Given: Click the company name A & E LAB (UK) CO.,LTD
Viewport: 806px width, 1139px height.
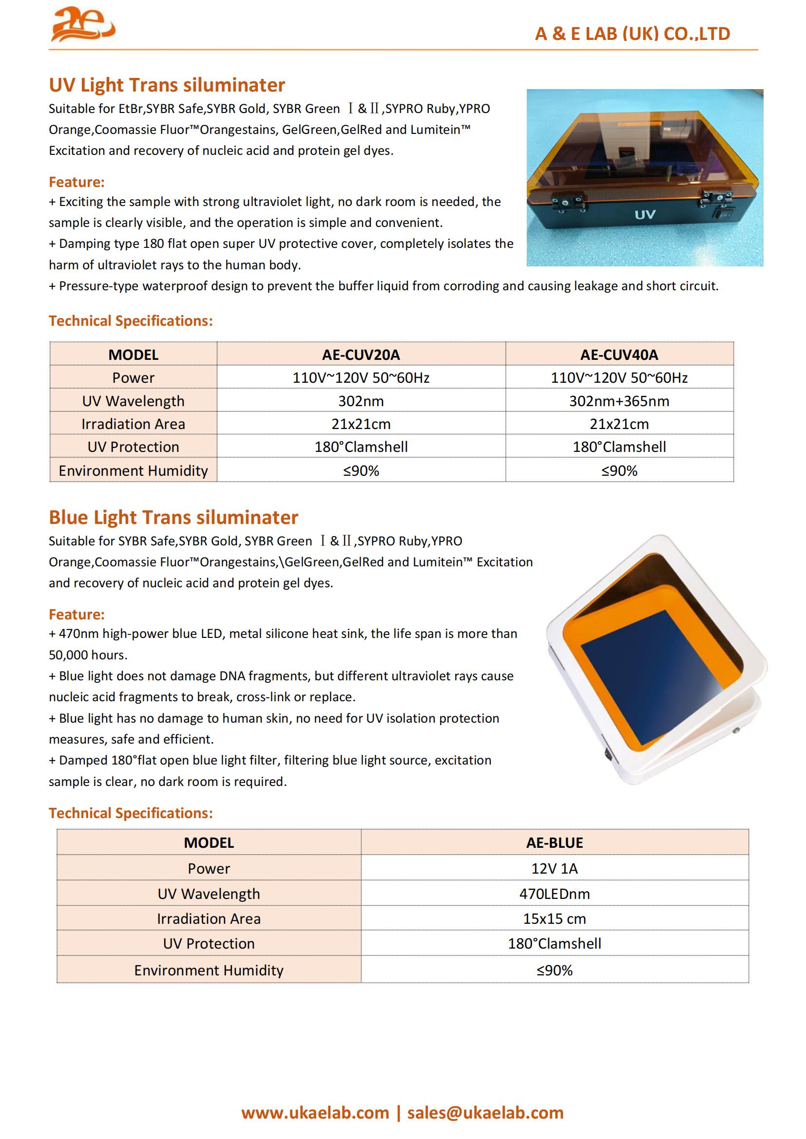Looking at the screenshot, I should pyautogui.click(x=633, y=34).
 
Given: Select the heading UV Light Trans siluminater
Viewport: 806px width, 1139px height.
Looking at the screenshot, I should pyautogui.click(x=167, y=85).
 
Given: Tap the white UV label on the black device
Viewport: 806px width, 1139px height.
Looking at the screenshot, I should pyautogui.click(x=645, y=215).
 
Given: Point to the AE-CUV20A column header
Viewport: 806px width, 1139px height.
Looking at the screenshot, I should pyautogui.click(x=361, y=355).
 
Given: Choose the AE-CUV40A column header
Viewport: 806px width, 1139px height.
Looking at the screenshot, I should pyautogui.click(x=619, y=355).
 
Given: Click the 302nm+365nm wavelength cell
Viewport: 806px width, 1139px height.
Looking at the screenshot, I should pyautogui.click(x=619, y=401).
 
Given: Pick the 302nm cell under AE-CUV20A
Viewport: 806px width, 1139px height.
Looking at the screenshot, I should pyautogui.click(x=361, y=401).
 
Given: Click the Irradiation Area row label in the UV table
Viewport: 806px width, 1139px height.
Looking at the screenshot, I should pyautogui.click(x=133, y=424).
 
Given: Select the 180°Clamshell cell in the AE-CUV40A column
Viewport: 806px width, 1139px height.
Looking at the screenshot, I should pyautogui.click(x=619, y=447).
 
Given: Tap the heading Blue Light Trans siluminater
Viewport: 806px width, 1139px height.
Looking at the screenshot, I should pyautogui.click(x=173, y=518).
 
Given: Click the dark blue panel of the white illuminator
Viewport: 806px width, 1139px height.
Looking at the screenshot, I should pyautogui.click(x=640, y=674).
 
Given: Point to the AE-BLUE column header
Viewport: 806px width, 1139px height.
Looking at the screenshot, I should pyautogui.click(x=555, y=842).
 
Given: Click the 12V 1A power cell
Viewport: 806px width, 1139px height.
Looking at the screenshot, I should pyautogui.click(x=555, y=868).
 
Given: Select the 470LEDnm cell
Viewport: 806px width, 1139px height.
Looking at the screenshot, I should pyautogui.click(x=555, y=894).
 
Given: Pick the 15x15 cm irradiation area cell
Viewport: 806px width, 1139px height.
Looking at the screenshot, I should pyautogui.click(x=555, y=918).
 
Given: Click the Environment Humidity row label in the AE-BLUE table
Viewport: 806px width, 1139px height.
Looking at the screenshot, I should pyautogui.click(x=209, y=970).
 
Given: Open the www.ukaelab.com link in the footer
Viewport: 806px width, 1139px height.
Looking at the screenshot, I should pyautogui.click(x=315, y=1113).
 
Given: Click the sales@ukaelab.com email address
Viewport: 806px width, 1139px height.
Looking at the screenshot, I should pyautogui.click(x=485, y=1113).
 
